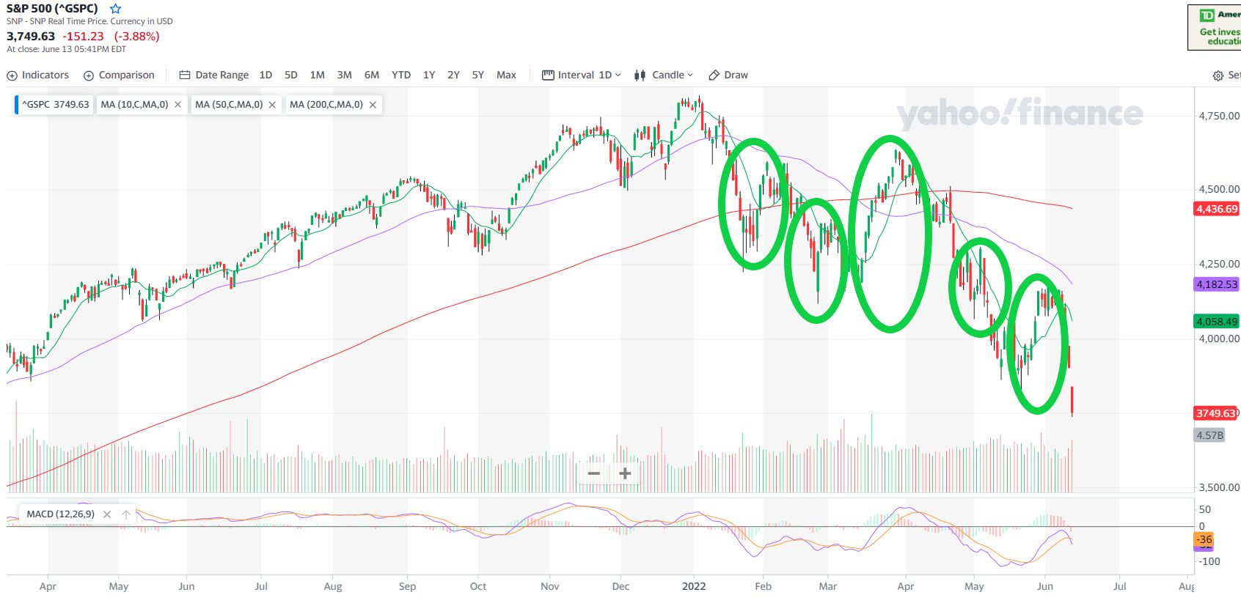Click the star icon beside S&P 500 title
115,9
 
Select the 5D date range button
290,75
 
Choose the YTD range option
400,75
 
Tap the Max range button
506,75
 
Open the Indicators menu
38,75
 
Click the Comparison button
119,75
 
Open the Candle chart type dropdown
664,75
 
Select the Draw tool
728,75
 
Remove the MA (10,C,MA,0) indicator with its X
178,105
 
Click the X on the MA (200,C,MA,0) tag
373,105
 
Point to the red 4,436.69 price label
1217,209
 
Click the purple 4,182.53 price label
1217,284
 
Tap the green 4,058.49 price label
1217,321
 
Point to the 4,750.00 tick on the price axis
1218,116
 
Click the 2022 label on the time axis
693,586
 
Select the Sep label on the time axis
407,586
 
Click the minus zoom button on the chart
594,473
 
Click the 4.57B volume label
1209,435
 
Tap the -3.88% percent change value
136,36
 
